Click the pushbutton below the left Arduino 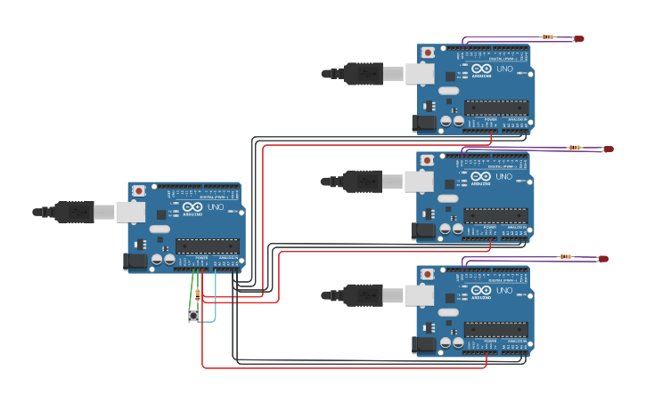point(194,316)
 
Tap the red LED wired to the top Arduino point(578,38)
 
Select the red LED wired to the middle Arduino point(609,149)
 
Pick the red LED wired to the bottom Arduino point(603,259)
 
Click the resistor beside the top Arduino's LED point(547,37)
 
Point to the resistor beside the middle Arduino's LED point(575,148)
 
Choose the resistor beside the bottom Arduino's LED point(566,257)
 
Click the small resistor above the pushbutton point(198,294)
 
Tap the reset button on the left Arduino point(139,191)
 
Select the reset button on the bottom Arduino point(428,273)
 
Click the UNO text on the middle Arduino point(504,177)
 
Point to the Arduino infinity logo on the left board point(192,207)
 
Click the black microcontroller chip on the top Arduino point(496,108)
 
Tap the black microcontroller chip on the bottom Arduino point(495,329)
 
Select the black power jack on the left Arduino point(135,261)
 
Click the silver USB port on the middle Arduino point(420,182)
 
